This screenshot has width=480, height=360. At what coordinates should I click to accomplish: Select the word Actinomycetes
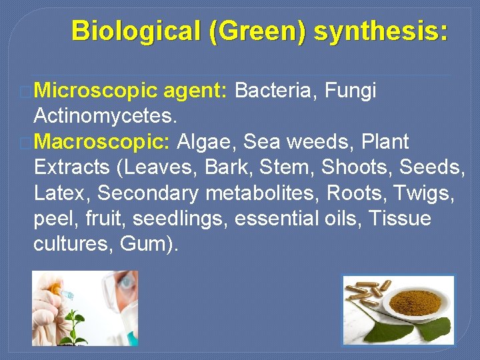pyautogui.click(x=105, y=117)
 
